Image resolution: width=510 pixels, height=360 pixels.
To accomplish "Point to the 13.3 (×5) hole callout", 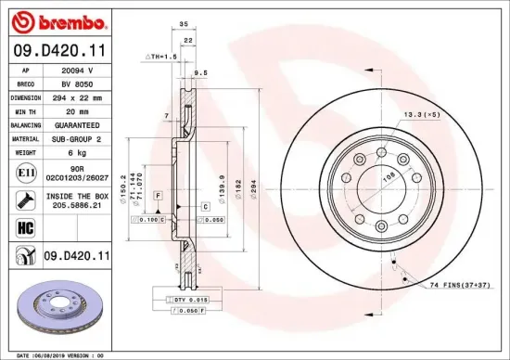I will click(420, 115).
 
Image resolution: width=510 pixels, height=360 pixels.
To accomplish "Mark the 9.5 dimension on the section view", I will click(200, 71).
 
